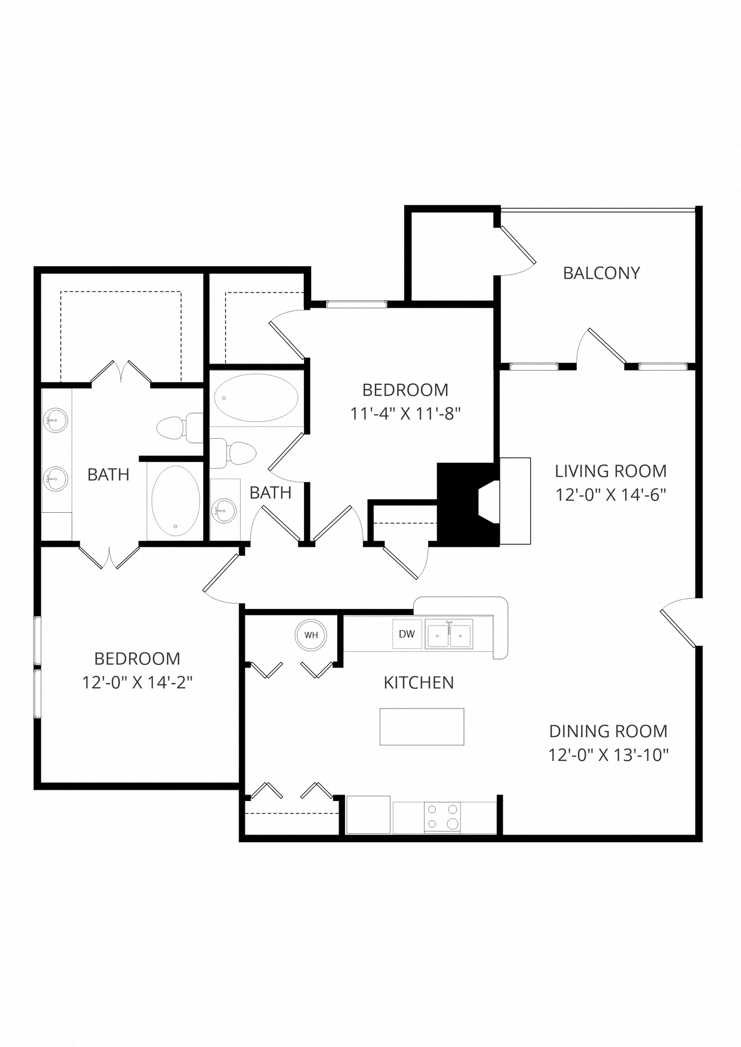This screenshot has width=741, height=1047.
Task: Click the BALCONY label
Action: [601, 273]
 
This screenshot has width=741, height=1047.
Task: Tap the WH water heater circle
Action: [310, 635]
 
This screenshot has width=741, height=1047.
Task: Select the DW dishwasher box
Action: [407, 634]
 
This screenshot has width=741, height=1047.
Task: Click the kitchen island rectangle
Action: [422, 726]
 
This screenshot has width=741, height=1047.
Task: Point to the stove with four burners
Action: [442, 817]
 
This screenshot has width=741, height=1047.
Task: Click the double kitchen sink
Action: [449, 633]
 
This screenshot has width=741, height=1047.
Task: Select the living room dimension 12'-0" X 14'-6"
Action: [610, 495]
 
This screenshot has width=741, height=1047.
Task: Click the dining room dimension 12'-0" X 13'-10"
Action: [608, 755]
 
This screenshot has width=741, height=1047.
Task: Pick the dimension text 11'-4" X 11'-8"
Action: [405, 414]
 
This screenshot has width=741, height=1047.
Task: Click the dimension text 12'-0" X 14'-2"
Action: [137, 682]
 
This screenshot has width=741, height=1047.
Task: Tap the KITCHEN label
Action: [419, 682]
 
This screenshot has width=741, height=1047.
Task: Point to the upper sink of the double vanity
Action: [56, 420]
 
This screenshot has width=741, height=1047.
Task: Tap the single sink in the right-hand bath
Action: [225, 510]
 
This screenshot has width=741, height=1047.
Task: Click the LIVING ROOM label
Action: [610, 471]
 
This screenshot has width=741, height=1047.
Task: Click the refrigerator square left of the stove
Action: [368, 815]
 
